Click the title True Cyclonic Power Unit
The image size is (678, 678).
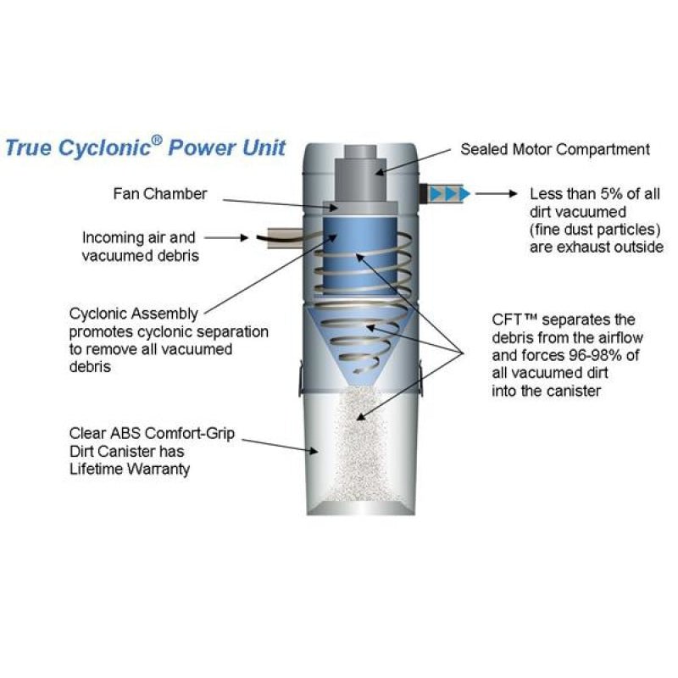pos(146,147)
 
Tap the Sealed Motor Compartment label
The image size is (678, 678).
pos(554,149)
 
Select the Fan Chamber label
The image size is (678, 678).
pos(159,193)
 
